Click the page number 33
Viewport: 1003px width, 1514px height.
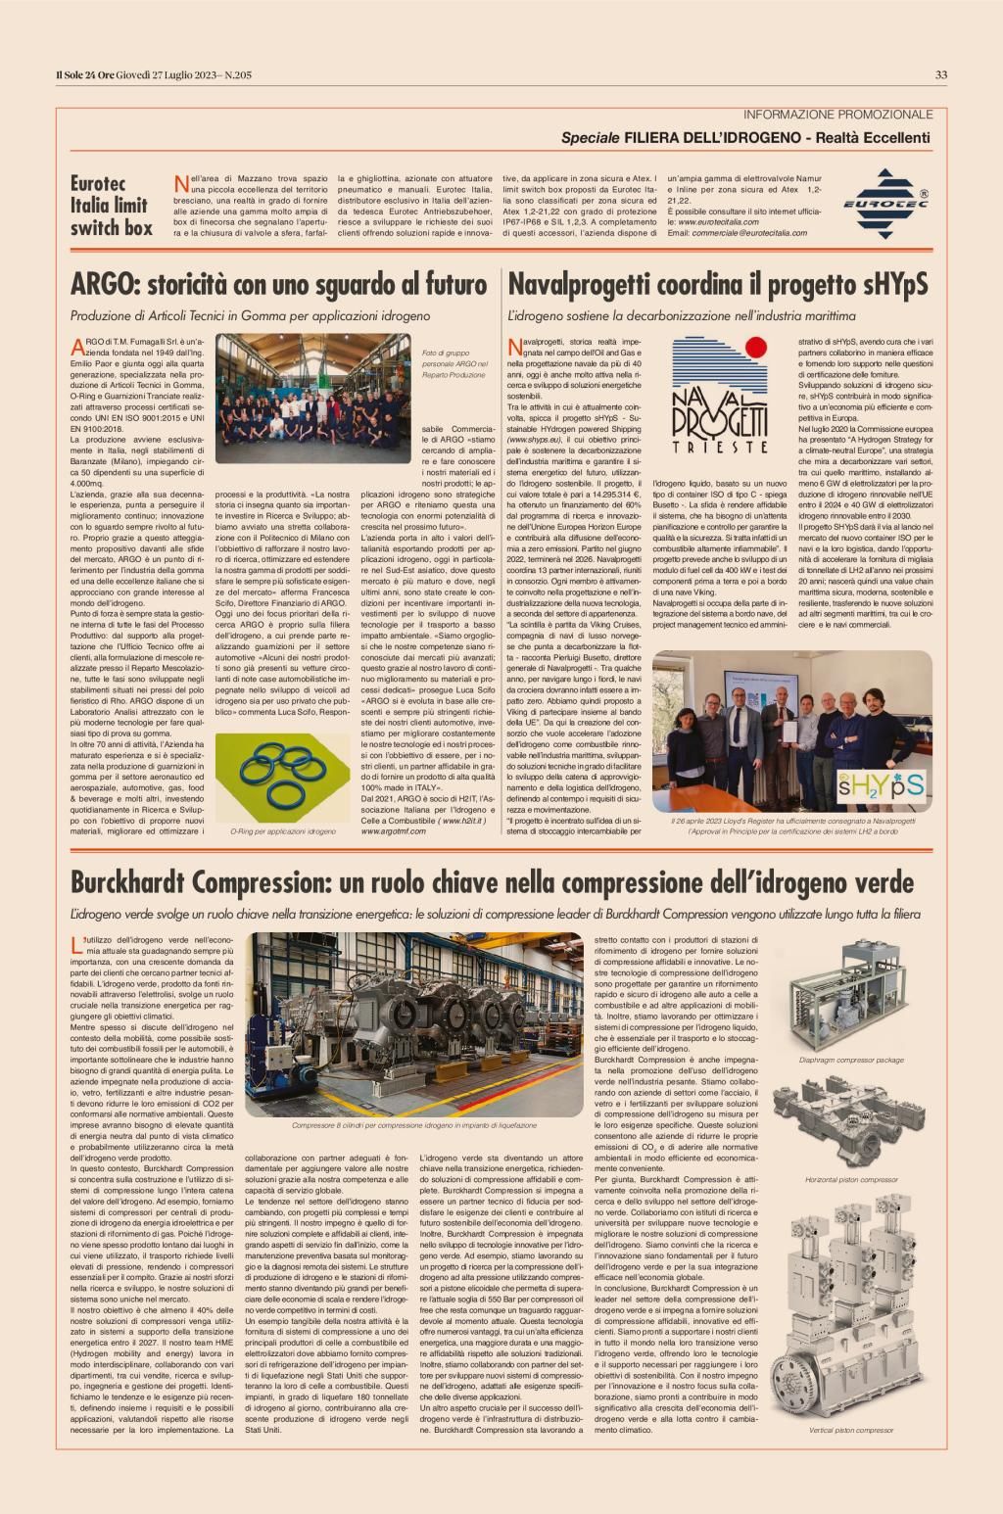coord(940,74)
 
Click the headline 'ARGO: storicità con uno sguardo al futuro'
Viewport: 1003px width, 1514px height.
coord(279,285)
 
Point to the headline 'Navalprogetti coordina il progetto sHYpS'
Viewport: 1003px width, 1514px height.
coord(717,285)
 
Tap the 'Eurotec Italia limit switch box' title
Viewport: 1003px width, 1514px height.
coord(111,206)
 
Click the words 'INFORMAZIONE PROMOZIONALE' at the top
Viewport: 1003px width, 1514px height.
coord(837,115)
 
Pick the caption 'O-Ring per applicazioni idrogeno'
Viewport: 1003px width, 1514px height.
coord(282,830)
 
